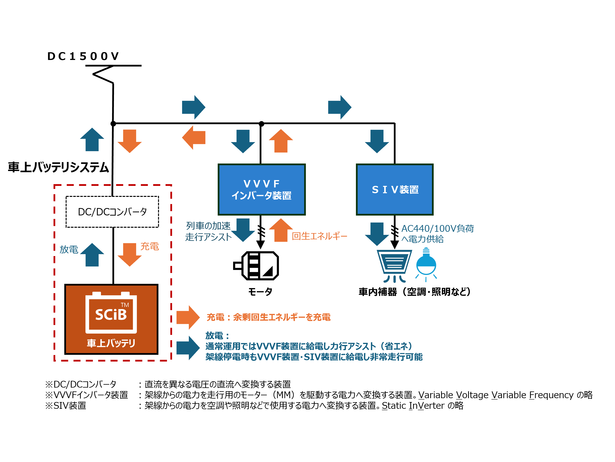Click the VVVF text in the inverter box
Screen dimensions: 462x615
(261, 184)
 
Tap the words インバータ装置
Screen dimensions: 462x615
(261, 196)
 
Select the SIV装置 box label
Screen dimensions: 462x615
(395, 190)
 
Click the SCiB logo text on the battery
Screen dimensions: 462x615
(111, 315)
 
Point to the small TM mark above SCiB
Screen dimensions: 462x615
(125, 305)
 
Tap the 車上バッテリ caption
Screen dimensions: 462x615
(111, 343)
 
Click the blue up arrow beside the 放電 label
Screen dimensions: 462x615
(92, 255)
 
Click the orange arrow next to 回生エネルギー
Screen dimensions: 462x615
(281, 230)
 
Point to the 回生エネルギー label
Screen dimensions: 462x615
(319, 236)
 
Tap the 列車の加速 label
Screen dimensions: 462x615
(208, 226)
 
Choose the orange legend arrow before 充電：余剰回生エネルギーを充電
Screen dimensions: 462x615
(188, 317)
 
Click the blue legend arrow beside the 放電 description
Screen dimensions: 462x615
(188, 348)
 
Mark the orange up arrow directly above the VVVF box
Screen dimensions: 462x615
(281, 141)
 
